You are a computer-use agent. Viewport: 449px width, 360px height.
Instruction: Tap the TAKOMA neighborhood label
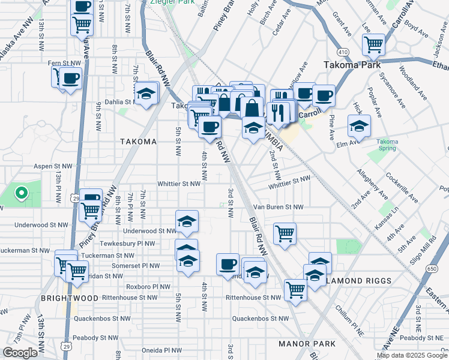point(137,142)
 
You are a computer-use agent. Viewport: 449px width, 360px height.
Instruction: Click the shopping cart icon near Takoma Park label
point(373,44)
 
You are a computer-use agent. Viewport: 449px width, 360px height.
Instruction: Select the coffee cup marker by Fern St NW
point(70,78)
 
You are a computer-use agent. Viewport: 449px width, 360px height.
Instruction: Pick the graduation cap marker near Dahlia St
point(145,94)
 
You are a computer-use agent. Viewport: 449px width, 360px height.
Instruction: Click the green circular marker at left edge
point(22,193)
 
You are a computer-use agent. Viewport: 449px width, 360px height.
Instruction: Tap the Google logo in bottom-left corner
point(20,353)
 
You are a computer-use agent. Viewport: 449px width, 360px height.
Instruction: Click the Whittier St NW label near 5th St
point(178,184)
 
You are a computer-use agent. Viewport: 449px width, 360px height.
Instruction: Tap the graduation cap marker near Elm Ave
point(359,126)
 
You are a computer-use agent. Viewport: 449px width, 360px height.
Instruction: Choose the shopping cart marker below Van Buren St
point(285,233)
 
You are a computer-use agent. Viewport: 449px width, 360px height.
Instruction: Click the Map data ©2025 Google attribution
point(412,355)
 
